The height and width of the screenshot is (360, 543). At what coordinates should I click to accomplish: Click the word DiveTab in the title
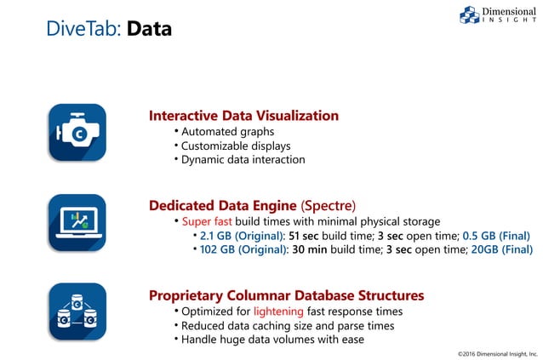click(x=83, y=30)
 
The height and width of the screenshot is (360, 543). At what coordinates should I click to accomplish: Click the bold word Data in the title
click(x=149, y=30)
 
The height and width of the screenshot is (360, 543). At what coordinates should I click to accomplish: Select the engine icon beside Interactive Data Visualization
click(x=77, y=132)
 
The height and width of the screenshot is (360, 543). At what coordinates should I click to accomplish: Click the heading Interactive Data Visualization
click(x=243, y=116)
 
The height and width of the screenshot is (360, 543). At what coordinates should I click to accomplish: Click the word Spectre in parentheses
click(x=329, y=206)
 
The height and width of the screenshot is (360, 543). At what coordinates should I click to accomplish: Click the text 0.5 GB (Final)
click(x=495, y=236)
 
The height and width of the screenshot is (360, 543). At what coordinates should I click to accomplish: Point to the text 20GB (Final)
click(x=501, y=249)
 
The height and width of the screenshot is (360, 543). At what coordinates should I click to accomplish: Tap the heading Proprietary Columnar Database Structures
click(x=286, y=295)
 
